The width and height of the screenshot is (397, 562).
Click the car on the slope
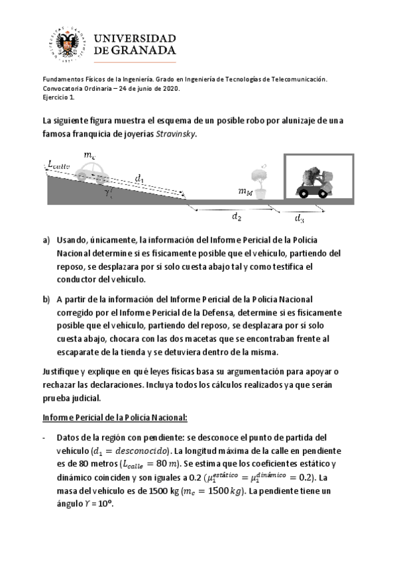pos(91,172)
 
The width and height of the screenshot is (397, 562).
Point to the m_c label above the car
pos(89,154)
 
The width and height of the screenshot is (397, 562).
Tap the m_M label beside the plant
pos(245,192)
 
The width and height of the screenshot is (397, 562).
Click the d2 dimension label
pos(236,216)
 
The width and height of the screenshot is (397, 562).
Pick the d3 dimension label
pos(300,217)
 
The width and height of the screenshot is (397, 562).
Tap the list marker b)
pos(46,299)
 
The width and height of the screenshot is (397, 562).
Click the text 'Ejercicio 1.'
pos(59,97)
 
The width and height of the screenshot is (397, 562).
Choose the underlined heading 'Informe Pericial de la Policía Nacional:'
pos(115,417)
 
